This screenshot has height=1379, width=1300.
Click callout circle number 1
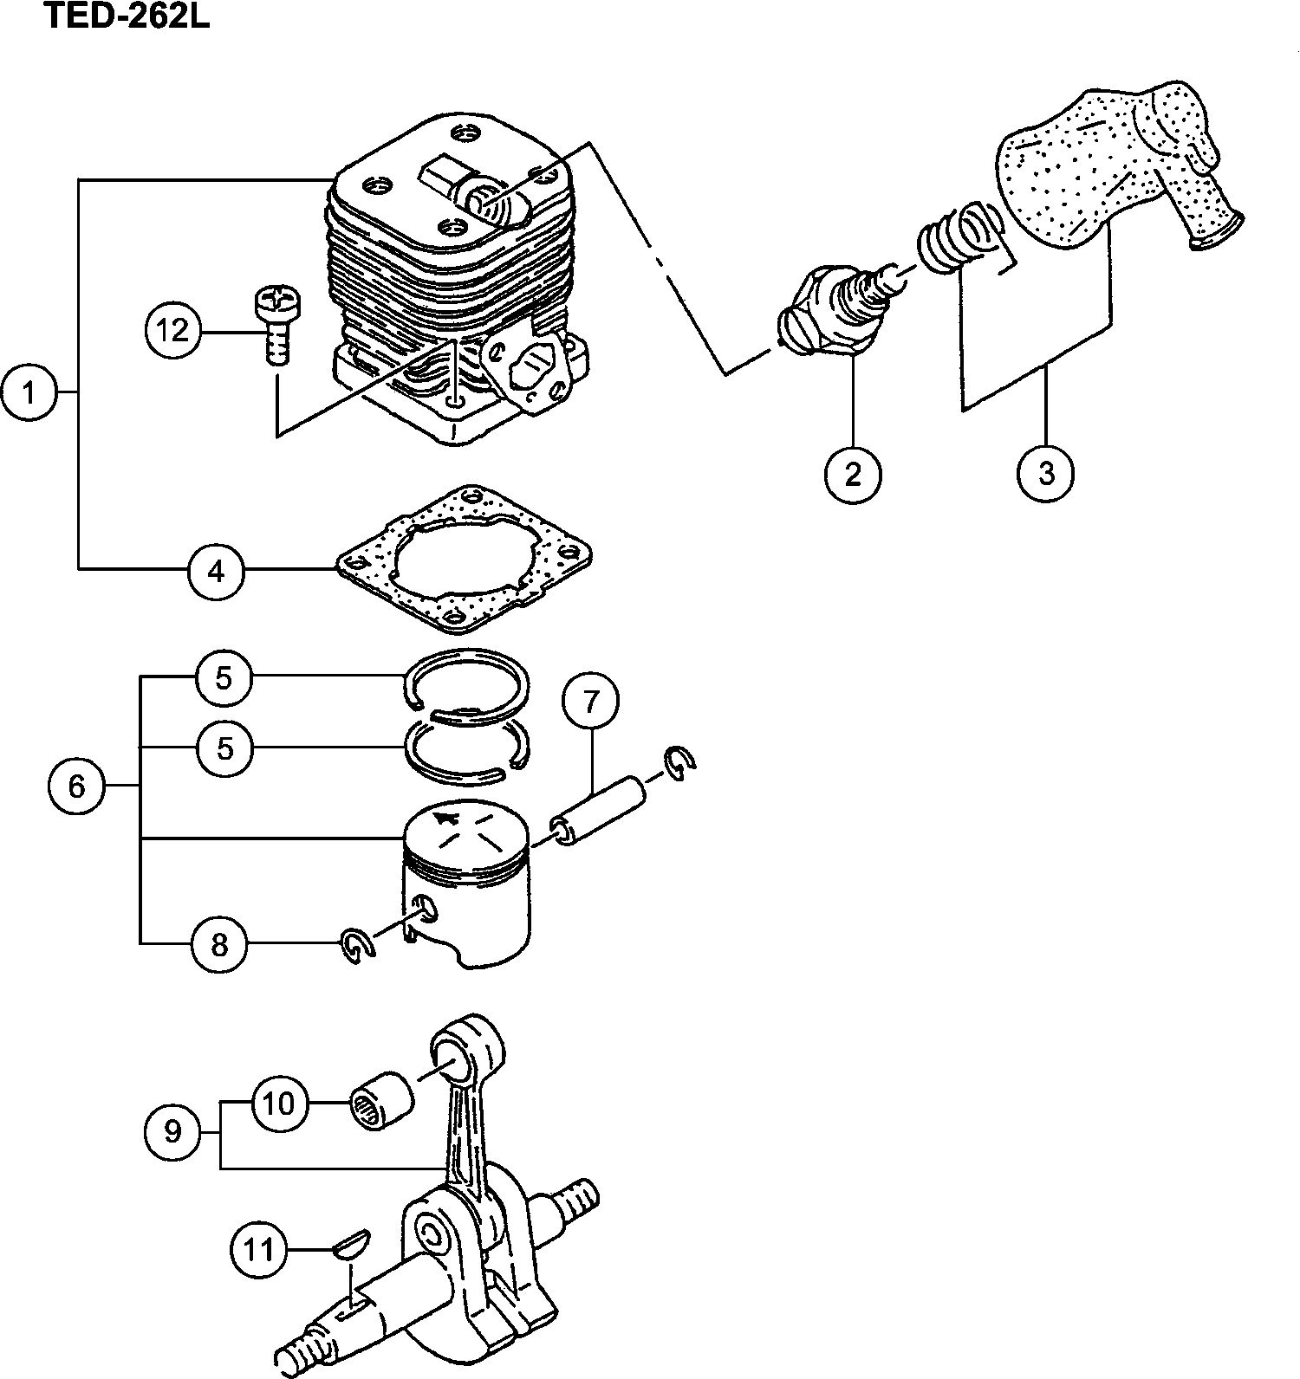[29, 393]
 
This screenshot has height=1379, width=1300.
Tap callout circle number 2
[853, 474]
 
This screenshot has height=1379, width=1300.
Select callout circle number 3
[1046, 474]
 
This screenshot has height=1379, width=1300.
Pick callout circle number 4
[217, 571]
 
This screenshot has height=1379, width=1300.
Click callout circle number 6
[76, 787]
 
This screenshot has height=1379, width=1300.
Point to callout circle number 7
[590, 702]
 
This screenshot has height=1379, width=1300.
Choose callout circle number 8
[218, 943]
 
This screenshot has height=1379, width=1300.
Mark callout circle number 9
[172, 1130]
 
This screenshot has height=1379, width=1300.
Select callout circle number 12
[173, 330]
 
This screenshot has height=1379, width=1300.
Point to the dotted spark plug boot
[1118, 165]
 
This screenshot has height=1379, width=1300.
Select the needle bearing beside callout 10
[380, 1100]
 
